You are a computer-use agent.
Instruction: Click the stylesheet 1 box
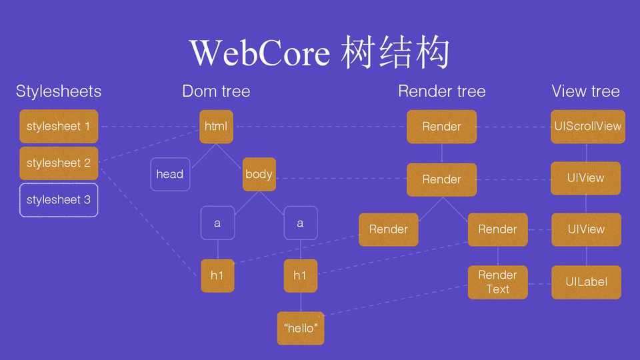[x=59, y=126]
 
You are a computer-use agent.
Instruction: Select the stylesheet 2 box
[x=59, y=163]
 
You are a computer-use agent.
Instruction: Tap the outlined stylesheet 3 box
[x=59, y=199]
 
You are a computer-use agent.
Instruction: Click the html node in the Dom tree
[x=216, y=126]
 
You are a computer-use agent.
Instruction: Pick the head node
[x=169, y=174]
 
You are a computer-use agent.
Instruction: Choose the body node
[x=259, y=174]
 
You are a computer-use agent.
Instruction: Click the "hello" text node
[x=301, y=328]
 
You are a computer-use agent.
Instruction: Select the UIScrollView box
[x=587, y=126]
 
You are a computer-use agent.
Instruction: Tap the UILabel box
[x=586, y=282]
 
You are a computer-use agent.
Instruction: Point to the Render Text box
[x=497, y=282]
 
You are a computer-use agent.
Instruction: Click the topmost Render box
[x=441, y=126]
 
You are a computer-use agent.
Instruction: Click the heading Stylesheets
[x=59, y=91]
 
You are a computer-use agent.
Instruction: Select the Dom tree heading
[x=216, y=91]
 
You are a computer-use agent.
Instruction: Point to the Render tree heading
[x=441, y=91]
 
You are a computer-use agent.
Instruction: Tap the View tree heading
[x=585, y=91]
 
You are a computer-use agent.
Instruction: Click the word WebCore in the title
[x=260, y=53]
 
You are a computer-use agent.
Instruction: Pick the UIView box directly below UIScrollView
[x=586, y=178]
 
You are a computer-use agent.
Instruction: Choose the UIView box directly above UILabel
[x=586, y=229]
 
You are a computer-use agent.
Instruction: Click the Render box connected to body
[x=441, y=179]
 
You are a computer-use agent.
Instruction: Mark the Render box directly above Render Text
[x=497, y=229]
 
